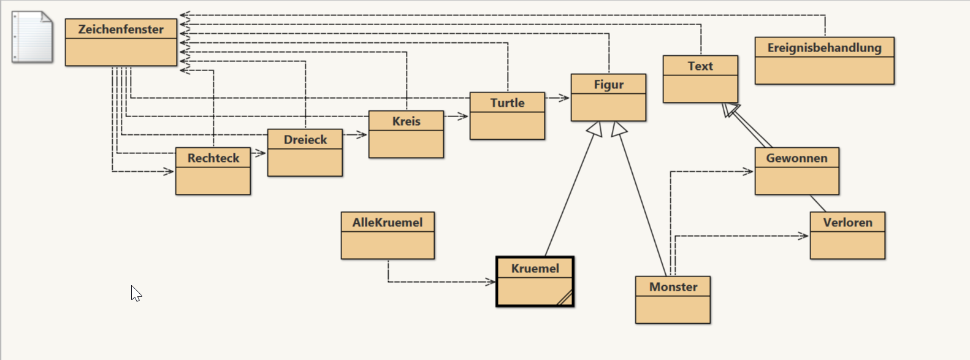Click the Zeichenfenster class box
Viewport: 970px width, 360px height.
(121, 42)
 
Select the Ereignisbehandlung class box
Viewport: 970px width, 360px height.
(824, 61)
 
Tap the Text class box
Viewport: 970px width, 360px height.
(700, 79)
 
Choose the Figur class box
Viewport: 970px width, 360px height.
(608, 98)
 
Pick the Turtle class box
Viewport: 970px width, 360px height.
(507, 116)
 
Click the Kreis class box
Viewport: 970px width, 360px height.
(406, 134)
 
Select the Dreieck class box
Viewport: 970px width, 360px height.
(305, 153)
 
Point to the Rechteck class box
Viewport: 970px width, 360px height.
(213, 171)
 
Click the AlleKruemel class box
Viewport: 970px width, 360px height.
(388, 236)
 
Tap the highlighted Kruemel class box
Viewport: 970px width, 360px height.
(535, 281)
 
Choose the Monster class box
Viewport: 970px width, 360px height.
(673, 300)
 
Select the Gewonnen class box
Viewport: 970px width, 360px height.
(796, 171)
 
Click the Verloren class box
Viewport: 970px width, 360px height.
(847, 236)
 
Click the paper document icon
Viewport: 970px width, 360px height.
(32, 37)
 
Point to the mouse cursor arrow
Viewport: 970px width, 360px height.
(136, 293)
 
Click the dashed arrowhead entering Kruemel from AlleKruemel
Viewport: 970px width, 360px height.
(491, 282)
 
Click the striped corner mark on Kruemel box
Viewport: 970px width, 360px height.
(565, 297)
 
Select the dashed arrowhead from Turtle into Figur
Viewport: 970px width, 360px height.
(565, 98)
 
